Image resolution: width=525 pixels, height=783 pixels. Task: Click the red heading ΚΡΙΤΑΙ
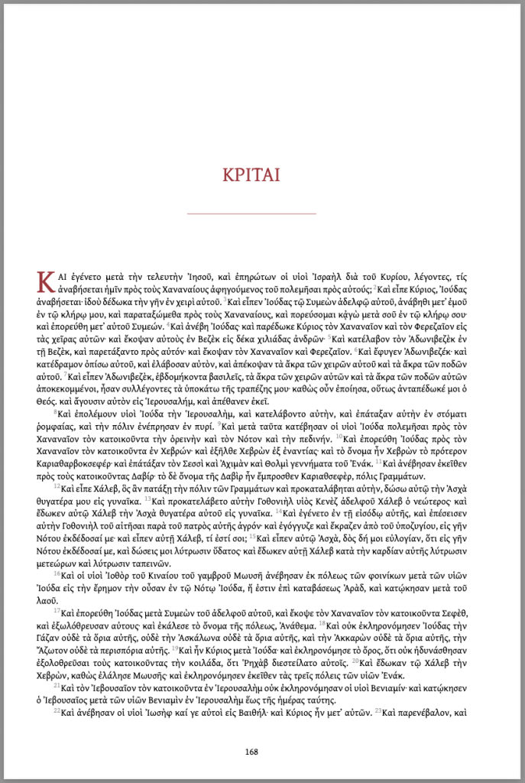click(x=251, y=174)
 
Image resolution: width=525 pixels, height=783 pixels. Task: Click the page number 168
click(x=251, y=751)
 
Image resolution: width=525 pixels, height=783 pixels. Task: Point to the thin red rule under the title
click(x=251, y=213)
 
